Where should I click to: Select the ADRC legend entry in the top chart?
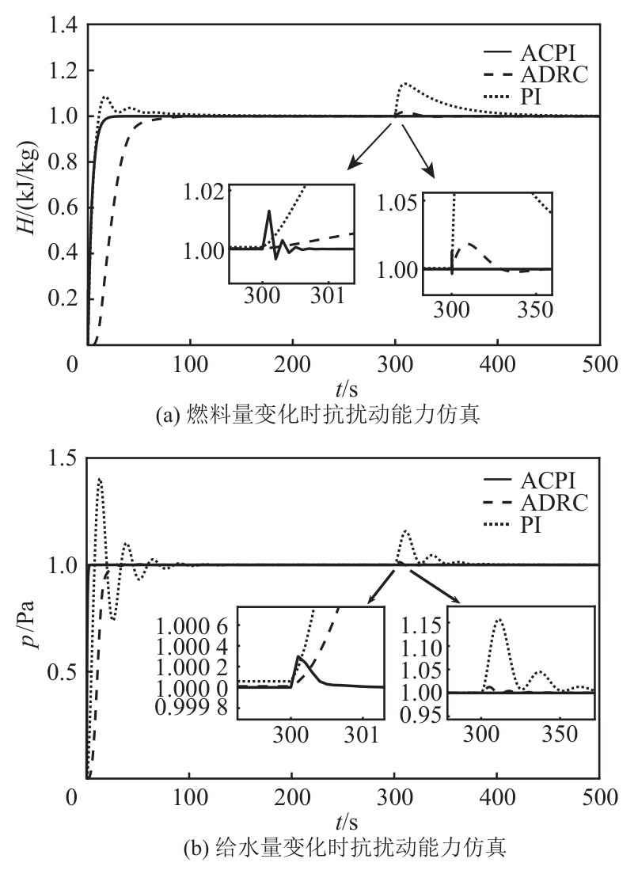coord(555,76)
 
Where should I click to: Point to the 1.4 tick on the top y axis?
coord(63,26)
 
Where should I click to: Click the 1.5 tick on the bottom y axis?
coord(63,459)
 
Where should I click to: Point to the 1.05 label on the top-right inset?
coord(401,202)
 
